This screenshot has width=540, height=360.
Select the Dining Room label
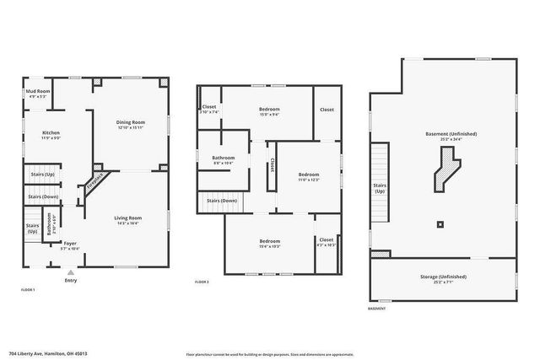click(130, 125)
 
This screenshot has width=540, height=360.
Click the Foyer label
click(70, 244)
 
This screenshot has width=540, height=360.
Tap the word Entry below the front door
click(70, 281)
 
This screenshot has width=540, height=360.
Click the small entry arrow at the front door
click(70, 272)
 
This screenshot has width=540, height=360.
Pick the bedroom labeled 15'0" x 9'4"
click(269, 111)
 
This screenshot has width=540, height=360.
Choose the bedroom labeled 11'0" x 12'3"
click(309, 176)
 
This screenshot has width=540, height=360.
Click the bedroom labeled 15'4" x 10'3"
click(269, 244)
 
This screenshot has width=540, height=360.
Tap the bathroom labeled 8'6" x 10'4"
click(224, 160)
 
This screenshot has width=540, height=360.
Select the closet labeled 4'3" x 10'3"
click(326, 242)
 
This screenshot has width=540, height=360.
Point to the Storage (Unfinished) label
click(442, 278)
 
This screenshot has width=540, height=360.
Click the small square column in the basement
click(440, 224)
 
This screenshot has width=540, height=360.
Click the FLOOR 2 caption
click(202, 282)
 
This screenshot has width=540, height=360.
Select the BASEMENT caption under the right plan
click(377, 309)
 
